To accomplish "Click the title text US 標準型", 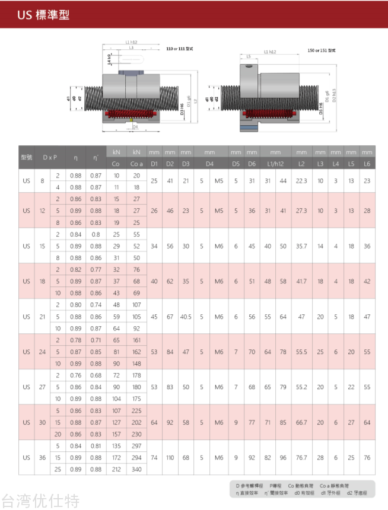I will click(43, 15).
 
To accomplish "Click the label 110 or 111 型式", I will click(180, 48).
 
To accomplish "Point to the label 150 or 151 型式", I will click(322, 50).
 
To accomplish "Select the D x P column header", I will click(50, 157).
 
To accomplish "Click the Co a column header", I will click(136, 163).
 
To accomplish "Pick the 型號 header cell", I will click(26, 157).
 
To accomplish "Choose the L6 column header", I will click(367, 163).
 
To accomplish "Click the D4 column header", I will click(209, 163).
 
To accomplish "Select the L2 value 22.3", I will click(301, 181).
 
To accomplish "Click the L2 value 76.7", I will click(301, 458).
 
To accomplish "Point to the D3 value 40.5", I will click(186, 317).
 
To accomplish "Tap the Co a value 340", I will click(136, 469).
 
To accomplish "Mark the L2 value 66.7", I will click(301, 422).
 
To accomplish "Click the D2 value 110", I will click(170, 458).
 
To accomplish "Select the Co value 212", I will click(116, 469).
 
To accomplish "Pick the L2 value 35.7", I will click(301, 246).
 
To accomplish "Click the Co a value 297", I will click(136, 446).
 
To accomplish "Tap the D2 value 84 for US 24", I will click(170, 352).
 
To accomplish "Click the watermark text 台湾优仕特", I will click(40, 501).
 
